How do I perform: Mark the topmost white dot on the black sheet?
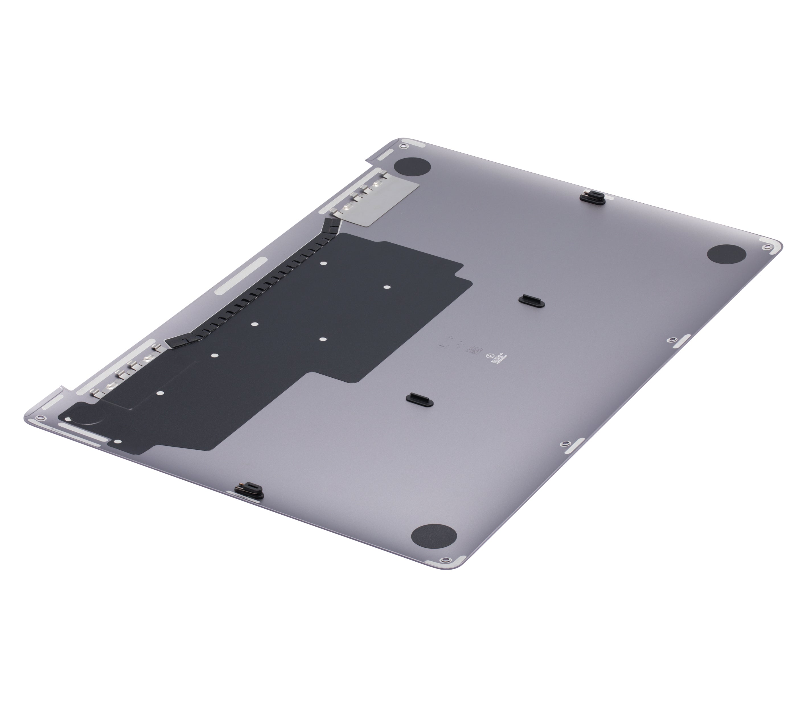pos(323,263)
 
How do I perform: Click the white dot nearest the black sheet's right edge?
pos(387,288)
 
